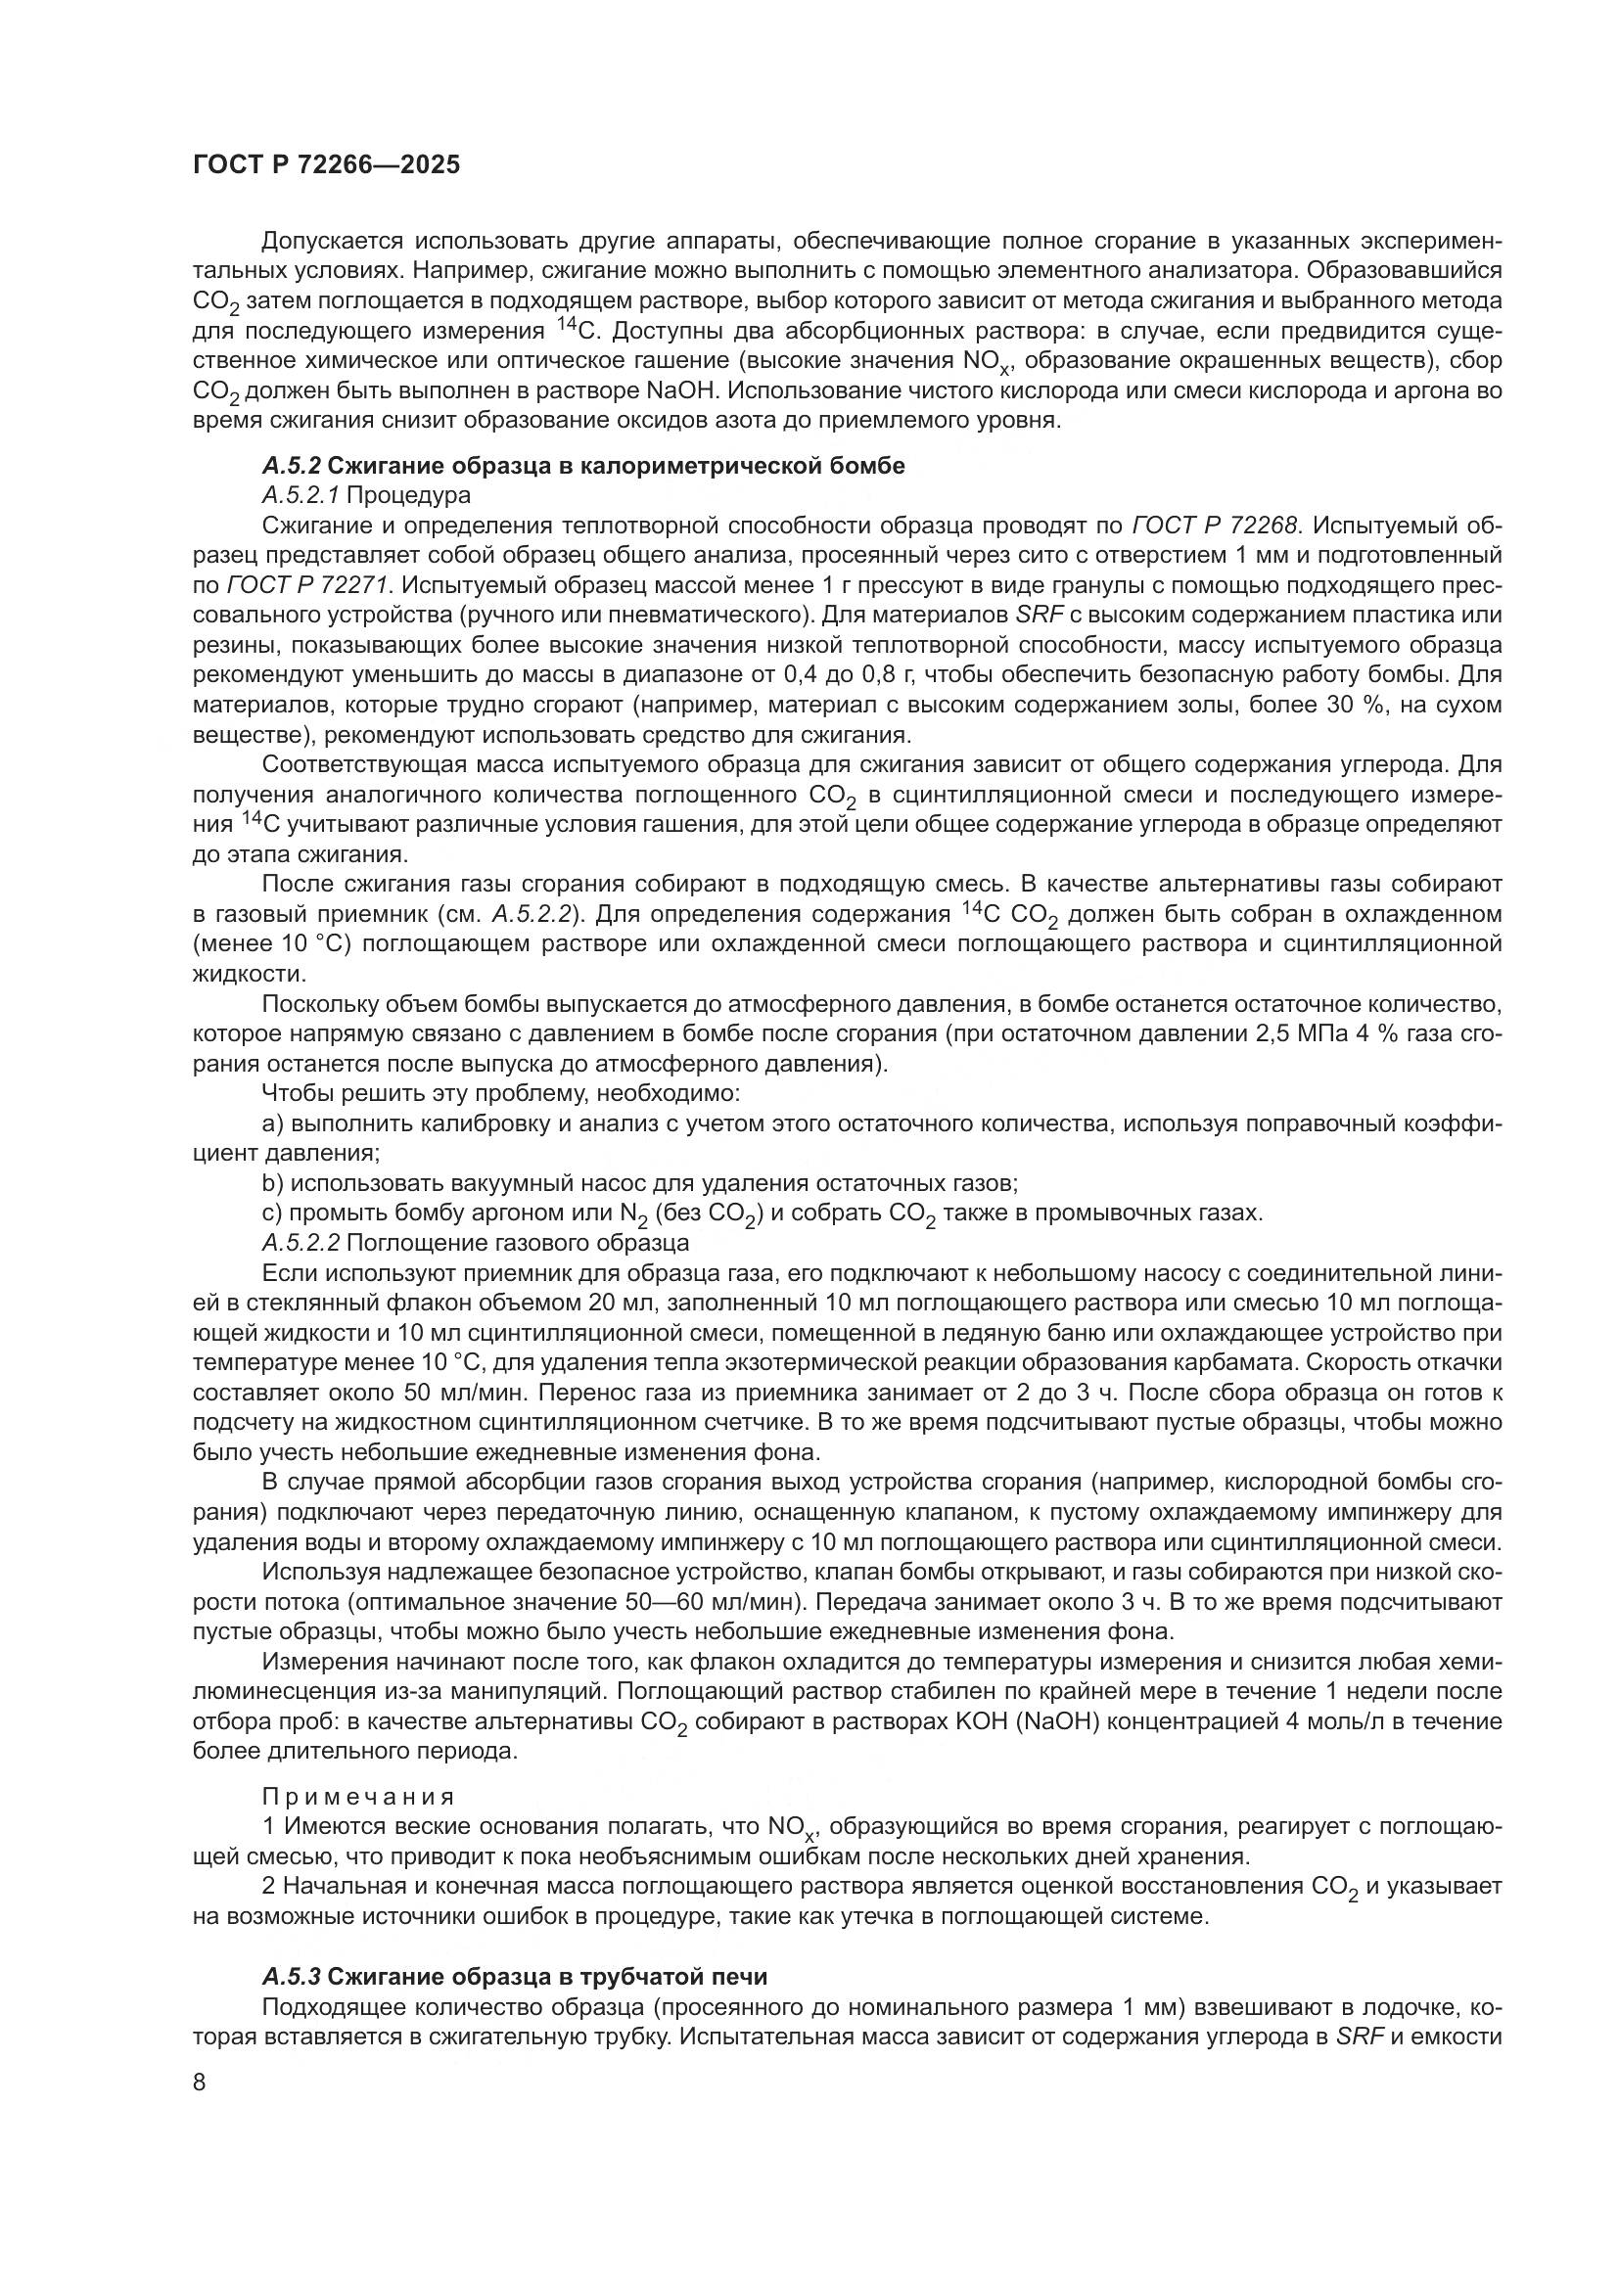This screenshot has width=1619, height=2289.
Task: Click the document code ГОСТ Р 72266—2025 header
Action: tap(326, 164)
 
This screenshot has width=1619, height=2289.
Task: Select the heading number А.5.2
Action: tap(291, 466)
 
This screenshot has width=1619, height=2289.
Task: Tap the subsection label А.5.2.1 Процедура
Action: tap(366, 494)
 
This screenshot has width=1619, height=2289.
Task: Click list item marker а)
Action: tap(273, 1123)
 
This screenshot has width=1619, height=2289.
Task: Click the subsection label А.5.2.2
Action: tap(301, 1243)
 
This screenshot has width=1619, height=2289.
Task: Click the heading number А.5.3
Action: tap(291, 1976)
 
